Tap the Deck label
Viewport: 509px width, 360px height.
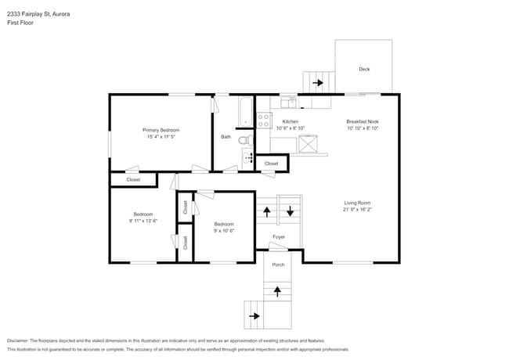click(x=364, y=69)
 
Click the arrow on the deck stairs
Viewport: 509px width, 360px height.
click(x=318, y=81)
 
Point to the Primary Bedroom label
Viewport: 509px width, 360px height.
click(x=161, y=130)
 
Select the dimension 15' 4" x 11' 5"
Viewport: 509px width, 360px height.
click(x=161, y=137)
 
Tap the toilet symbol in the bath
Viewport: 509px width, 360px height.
click(x=244, y=139)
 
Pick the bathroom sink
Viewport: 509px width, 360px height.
click(x=249, y=157)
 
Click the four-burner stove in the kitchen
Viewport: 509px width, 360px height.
click(x=264, y=121)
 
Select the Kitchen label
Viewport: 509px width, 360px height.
click(x=290, y=122)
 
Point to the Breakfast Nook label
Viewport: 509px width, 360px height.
click(x=363, y=122)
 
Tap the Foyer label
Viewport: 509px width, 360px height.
click(x=278, y=236)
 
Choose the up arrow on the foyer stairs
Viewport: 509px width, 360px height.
click(x=267, y=211)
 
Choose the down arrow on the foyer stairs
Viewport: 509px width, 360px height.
click(x=290, y=211)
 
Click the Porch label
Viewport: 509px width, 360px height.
click(x=278, y=265)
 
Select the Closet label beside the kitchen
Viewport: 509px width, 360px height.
click(x=271, y=164)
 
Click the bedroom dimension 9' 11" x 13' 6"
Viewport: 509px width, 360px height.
click(x=143, y=221)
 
